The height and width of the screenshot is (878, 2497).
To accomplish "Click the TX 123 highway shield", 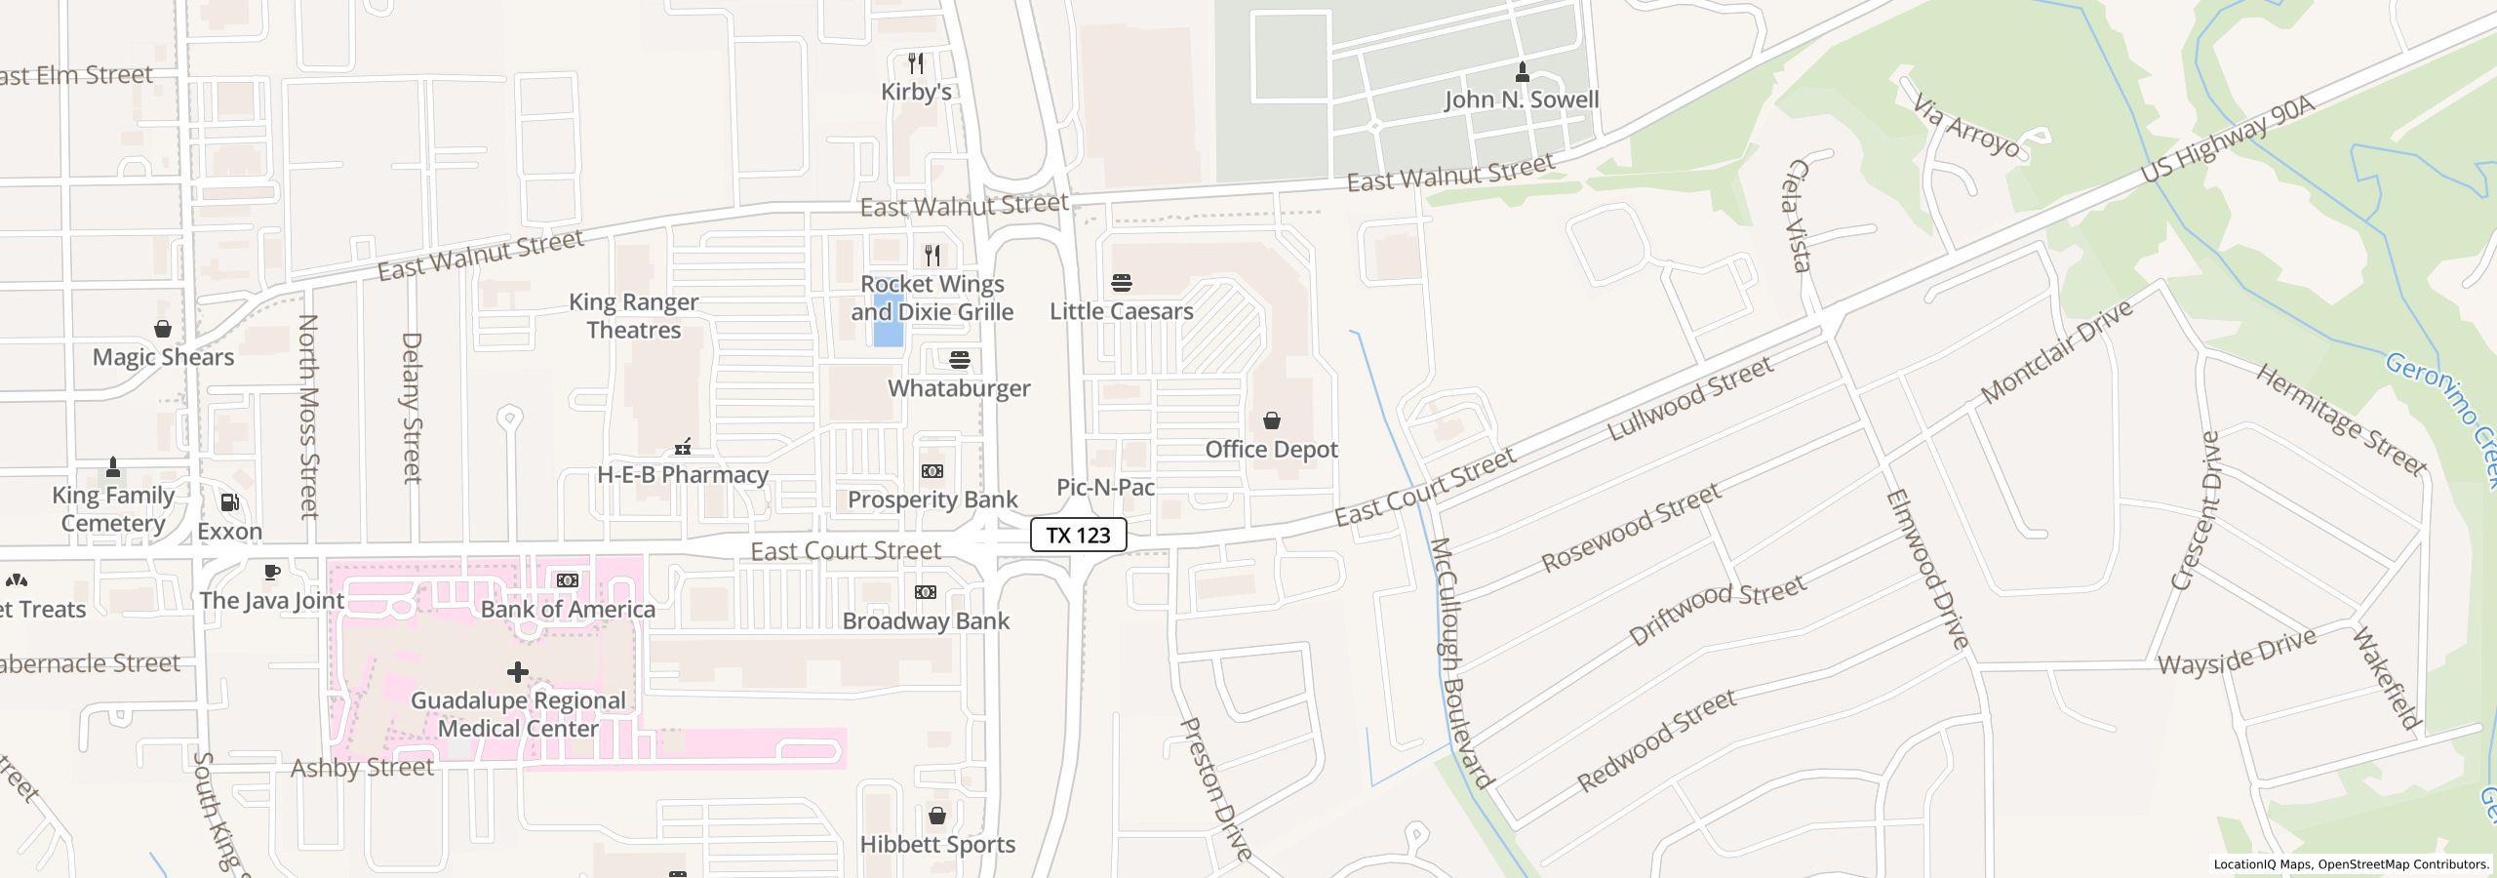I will pos(1078,535).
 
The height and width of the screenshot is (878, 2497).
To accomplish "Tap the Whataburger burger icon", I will pos(960,360).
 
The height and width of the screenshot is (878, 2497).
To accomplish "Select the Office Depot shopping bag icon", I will pos(1271,420).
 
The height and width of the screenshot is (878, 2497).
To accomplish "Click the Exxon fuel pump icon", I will pos(230,502).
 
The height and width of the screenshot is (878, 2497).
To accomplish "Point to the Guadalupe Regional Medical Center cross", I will pos(518,671).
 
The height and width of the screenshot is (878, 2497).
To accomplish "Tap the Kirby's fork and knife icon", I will pos(916,63).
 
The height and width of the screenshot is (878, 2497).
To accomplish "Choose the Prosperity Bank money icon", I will pos(932,471).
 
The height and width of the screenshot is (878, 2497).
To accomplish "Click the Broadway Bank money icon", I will pos(926,592).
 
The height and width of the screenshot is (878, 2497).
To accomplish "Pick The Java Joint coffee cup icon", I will pos(272,572).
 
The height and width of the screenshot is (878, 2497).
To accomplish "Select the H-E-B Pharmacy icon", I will pos(683,447).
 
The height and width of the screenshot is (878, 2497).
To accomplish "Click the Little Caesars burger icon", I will pos(1122,283).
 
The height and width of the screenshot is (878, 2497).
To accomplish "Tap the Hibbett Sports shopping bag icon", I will pos(937,816).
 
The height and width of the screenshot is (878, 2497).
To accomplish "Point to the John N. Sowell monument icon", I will pos(1522,71).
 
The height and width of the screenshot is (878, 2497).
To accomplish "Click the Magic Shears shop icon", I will pos(163,329).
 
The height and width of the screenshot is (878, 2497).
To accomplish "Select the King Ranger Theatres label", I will pos(634,316).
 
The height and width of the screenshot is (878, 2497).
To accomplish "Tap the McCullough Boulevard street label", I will pos(1460,663).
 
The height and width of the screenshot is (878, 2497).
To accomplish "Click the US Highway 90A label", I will pos(2227,140).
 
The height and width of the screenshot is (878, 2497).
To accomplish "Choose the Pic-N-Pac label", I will pos(1106,487).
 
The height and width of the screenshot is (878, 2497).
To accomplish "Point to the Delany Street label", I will pos(412,408).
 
